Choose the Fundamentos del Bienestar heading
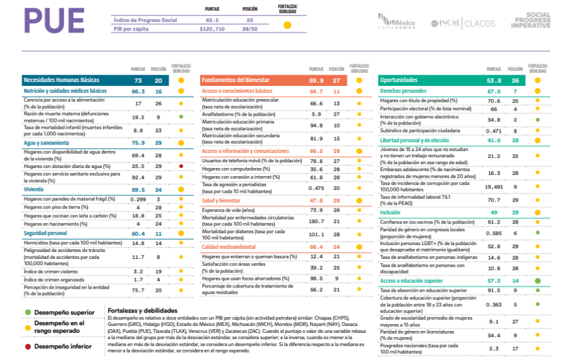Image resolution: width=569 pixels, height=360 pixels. pos(236,81)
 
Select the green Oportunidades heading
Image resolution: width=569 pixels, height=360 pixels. pos(400,81)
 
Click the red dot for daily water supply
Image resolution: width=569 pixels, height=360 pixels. pos(181,166)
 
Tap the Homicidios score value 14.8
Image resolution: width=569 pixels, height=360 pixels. pos(138,243)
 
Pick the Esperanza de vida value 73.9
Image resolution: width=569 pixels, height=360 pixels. pos(316,210)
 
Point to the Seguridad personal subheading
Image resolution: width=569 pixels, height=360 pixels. pos(45,233)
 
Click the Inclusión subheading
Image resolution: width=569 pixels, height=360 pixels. pos(391,212)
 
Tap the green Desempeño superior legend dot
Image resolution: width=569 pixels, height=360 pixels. pos(28,312)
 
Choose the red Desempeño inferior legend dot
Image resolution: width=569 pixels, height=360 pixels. pos(28,346)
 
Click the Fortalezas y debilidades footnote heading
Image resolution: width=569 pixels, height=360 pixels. pos(142,311)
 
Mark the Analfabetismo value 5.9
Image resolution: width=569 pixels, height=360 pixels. pos(316,114)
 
